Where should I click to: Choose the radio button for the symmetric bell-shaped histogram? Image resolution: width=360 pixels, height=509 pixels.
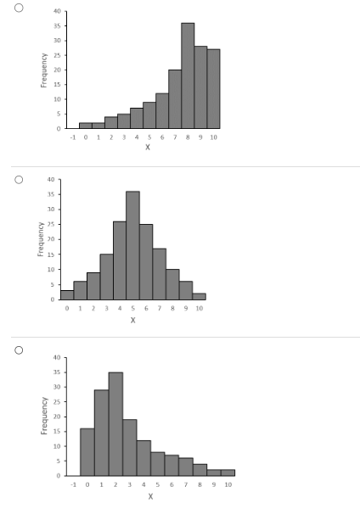pos(16,179)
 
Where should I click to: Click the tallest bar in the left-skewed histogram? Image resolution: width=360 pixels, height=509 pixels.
pos(188,76)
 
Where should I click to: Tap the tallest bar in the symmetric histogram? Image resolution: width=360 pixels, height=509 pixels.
pos(132,246)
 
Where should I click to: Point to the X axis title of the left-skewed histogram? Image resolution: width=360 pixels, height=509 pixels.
pos(148,148)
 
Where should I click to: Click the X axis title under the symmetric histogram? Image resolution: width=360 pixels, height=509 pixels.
pos(132,320)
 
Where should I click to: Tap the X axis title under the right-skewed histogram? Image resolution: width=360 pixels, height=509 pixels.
pos(150,495)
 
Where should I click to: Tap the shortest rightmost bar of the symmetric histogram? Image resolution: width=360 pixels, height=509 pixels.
pos(199,296)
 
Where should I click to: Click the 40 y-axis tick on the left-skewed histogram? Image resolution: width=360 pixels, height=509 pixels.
pos(56,11)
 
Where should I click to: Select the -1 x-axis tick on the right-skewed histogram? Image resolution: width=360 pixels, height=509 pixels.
pos(74,484)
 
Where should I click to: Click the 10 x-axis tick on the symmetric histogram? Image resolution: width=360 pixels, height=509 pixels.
pos(199,308)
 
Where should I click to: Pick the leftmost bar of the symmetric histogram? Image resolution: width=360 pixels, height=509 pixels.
pos(67,294)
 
